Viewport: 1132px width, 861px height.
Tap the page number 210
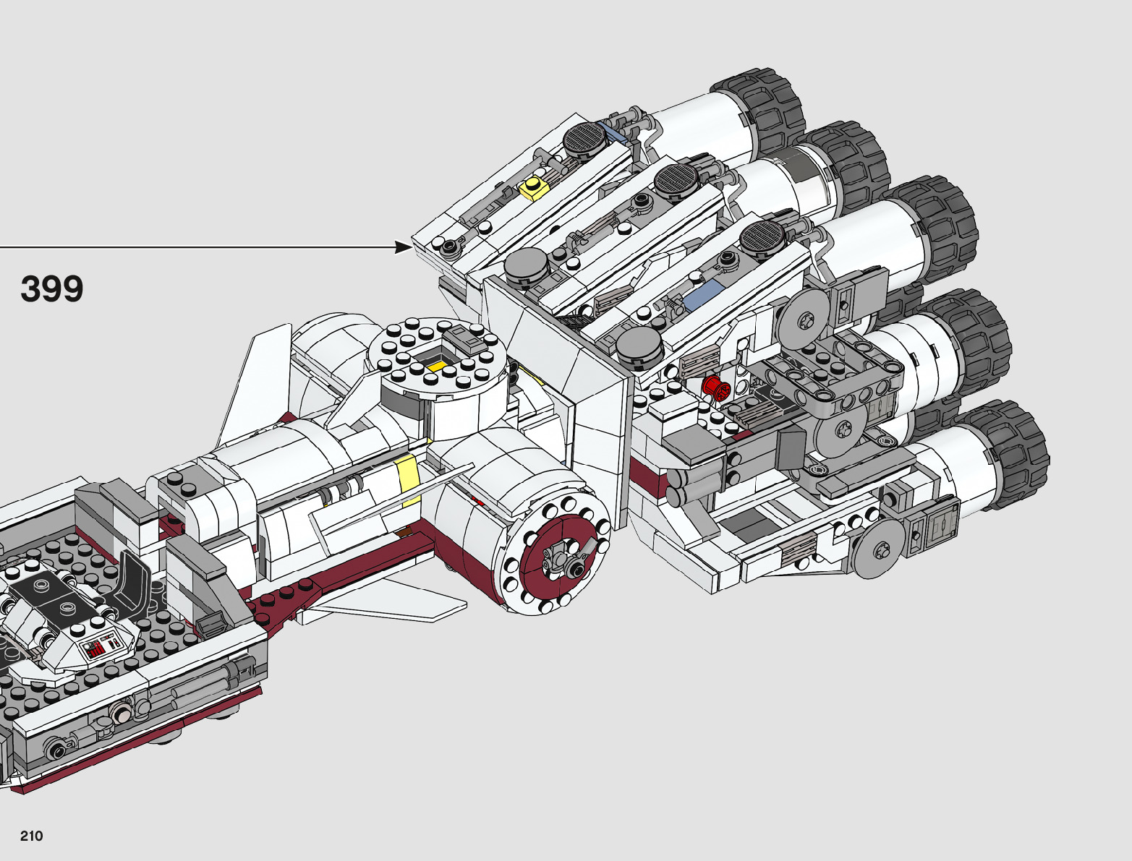31,835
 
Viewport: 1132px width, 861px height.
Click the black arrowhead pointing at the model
404,247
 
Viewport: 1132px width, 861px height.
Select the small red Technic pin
716,387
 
